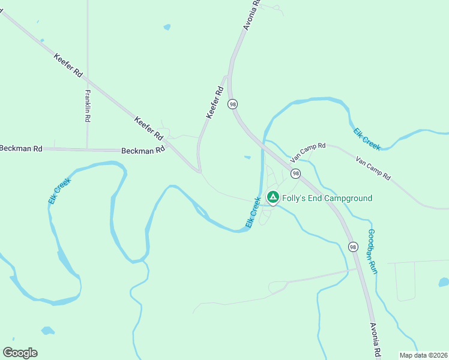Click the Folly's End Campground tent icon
click(x=273, y=197)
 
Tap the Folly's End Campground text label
click(x=327, y=198)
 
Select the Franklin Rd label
click(x=88, y=106)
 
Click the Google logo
click(x=20, y=353)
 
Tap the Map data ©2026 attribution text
click(x=423, y=355)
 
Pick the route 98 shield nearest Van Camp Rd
click(x=295, y=173)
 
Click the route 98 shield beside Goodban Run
click(x=352, y=247)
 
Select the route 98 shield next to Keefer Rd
click(x=232, y=104)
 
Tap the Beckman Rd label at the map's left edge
click(x=22, y=148)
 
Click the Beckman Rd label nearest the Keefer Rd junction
click(x=143, y=151)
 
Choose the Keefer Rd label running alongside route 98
click(x=214, y=103)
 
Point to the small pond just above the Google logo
click(x=47, y=331)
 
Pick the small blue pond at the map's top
click(x=167, y=27)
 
